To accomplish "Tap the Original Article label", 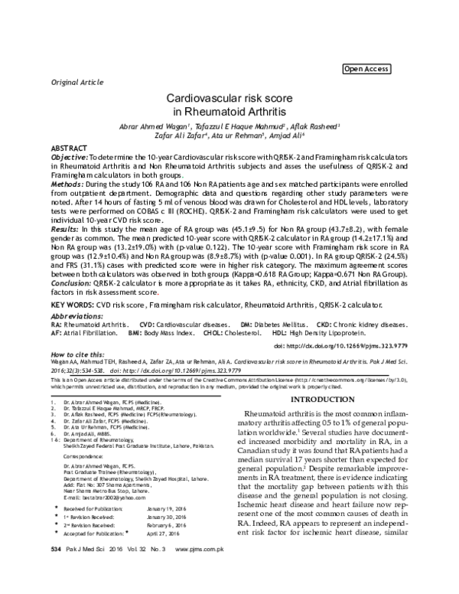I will (76, 81).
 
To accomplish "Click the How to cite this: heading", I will (78, 356).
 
